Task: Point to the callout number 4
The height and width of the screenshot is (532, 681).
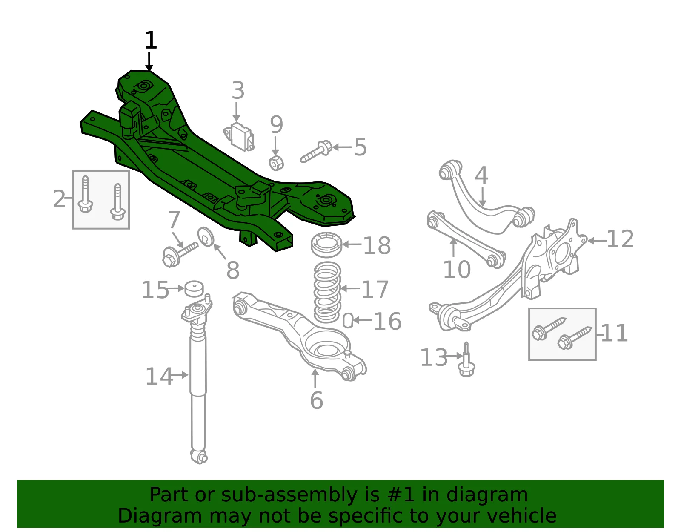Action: [481, 175]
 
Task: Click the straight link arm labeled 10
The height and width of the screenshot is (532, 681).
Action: [466, 240]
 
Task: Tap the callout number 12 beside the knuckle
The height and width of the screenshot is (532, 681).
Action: [620, 239]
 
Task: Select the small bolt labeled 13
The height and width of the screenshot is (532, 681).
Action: [466, 359]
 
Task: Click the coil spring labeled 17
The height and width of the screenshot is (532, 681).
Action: [327, 292]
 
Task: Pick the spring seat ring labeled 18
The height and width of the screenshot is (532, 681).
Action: [326, 245]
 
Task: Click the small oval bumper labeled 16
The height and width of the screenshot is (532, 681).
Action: [348, 320]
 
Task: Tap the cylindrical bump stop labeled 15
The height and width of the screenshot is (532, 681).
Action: [194, 289]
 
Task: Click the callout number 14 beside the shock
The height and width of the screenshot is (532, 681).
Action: [159, 376]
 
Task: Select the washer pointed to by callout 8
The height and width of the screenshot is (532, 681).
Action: [206, 237]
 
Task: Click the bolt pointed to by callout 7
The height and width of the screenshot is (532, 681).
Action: [180, 254]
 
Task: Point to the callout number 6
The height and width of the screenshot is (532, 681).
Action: [317, 400]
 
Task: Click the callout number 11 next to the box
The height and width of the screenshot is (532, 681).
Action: [614, 333]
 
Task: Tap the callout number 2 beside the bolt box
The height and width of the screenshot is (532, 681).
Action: [59, 199]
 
